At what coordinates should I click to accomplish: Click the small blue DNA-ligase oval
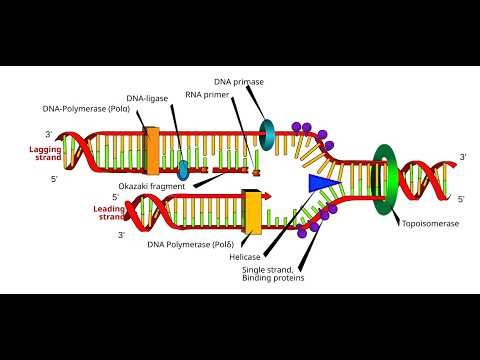click(183, 164)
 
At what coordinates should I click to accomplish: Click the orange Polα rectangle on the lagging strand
click(152, 150)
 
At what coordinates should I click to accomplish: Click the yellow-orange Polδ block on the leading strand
click(252, 212)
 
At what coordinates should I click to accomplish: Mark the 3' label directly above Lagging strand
click(48, 133)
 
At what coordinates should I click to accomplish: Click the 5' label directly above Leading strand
click(116, 197)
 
